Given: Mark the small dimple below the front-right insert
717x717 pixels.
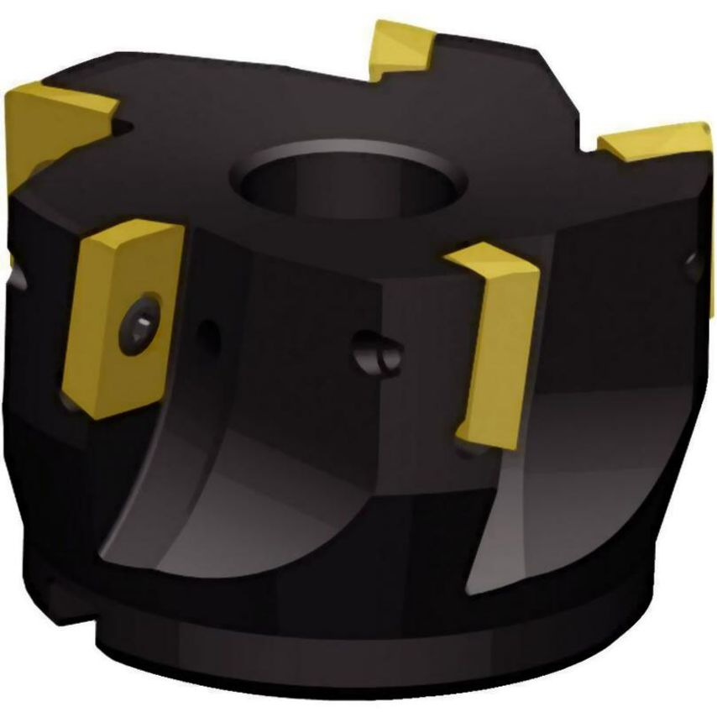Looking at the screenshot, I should (x=464, y=453).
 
